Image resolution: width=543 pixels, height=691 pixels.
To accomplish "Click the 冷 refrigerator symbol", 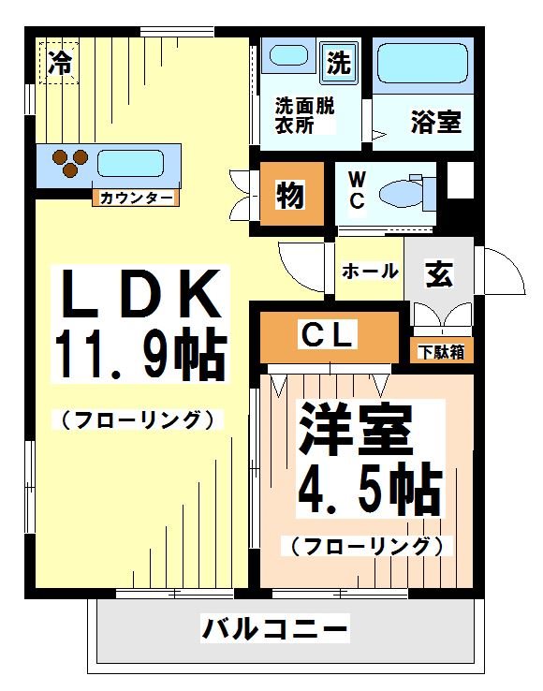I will point(59,63).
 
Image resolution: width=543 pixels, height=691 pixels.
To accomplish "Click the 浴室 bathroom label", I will point(435,121).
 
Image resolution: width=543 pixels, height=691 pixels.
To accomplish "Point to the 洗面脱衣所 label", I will point(303,115).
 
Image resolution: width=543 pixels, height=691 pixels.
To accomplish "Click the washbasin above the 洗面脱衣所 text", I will point(288,56).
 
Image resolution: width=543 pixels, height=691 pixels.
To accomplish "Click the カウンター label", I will point(136,198).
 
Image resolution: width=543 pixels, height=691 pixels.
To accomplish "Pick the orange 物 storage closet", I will point(288,195).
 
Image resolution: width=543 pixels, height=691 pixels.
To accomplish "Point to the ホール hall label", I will point(370,272).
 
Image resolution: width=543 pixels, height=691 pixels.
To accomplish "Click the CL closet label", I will point(327,335).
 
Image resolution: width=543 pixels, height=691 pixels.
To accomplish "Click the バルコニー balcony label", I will point(275,627).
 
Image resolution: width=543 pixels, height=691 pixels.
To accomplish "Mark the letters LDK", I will point(140,293).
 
